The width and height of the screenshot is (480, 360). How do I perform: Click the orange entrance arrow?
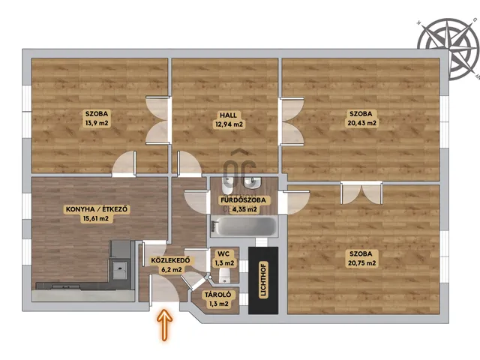click(x=165, y=325)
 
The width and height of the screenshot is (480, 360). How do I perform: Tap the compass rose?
click(x=448, y=48)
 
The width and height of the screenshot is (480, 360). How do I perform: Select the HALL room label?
click(x=228, y=115)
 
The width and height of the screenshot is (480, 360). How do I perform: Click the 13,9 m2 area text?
click(x=97, y=123)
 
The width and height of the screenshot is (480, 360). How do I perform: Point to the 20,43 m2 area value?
click(x=361, y=123)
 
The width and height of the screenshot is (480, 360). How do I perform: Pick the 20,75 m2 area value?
click(x=361, y=263)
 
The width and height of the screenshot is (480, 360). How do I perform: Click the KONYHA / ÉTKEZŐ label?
click(x=97, y=210)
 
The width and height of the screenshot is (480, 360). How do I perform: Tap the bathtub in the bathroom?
click(x=244, y=226)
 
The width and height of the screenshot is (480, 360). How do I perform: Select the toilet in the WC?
click(x=225, y=275)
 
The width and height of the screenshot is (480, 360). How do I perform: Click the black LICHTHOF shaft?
click(x=263, y=280)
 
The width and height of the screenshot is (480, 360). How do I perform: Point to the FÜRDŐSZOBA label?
click(x=244, y=200)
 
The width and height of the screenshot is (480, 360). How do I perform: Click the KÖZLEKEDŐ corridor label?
click(x=170, y=260)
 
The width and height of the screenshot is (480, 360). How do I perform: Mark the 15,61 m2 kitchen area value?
click(x=96, y=218)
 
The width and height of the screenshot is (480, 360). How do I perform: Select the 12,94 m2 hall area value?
click(x=228, y=124)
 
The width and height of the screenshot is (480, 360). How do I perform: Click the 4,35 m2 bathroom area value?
click(x=244, y=210)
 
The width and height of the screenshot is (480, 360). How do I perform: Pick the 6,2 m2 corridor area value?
click(x=172, y=270)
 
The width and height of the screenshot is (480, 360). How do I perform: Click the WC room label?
click(x=223, y=253)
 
